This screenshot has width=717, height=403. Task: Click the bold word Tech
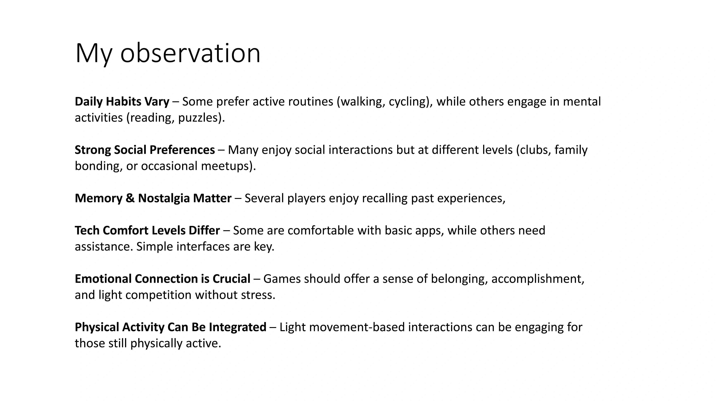(x=87, y=231)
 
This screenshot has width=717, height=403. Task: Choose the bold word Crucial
(x=232, y=279)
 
